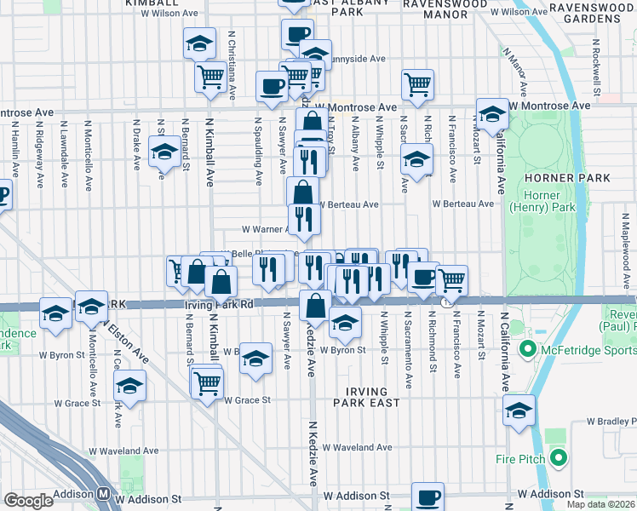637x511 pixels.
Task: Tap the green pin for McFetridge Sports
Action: pos(527,349)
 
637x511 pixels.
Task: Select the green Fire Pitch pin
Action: pos(559,458)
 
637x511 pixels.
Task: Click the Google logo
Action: pos(28,500)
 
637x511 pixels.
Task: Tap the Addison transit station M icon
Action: pos(103,493)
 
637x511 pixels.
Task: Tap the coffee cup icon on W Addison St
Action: pos(428,497)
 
